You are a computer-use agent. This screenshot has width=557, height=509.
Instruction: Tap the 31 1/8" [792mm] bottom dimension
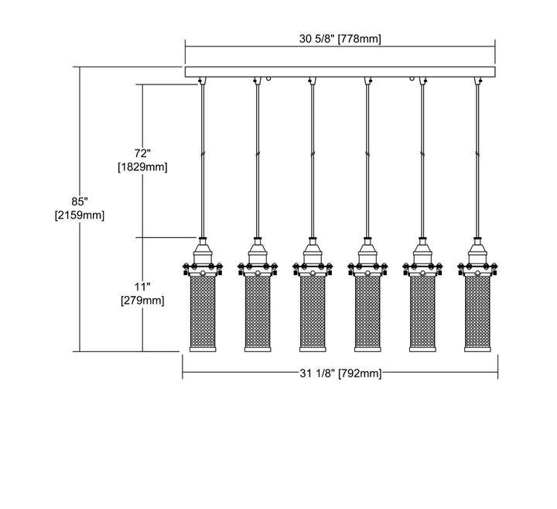pyautogui.click(x=340, y=374)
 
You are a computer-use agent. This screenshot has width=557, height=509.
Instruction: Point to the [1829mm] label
pyautogui.click(x=142, y=167)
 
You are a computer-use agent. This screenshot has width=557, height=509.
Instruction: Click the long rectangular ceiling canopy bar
pyautogui.click(x=340, y=72)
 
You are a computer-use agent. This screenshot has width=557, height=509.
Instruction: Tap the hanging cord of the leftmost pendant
pyautogui.click(x=203, y=155)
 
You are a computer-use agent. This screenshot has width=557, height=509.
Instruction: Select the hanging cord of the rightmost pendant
pyautogui.click(x=476, y=155)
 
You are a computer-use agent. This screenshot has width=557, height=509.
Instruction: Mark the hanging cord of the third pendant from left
pyautogui.click(x=312, y=155)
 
